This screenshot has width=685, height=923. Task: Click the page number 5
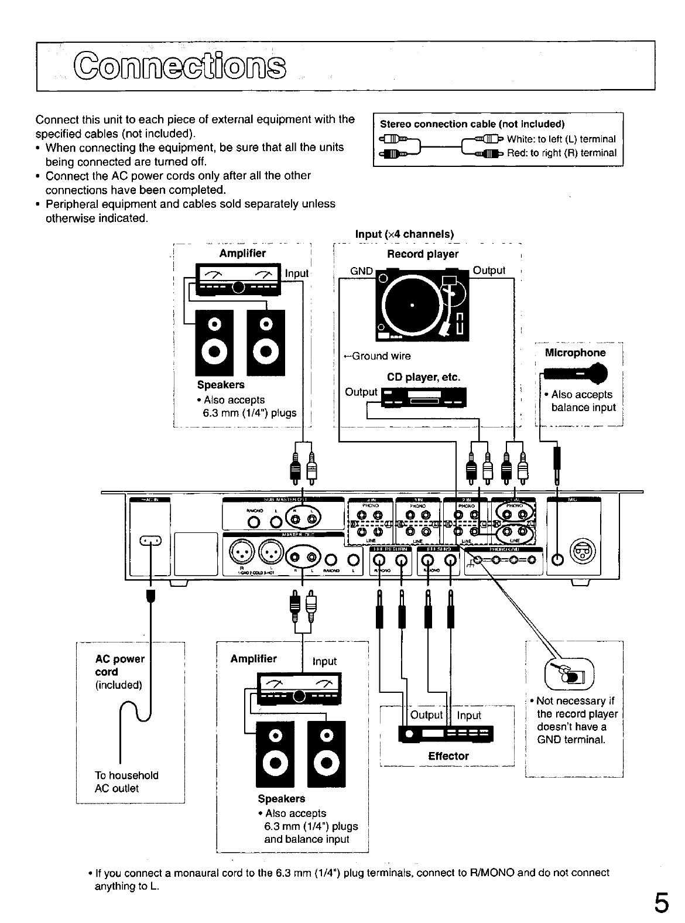tap(661, 903)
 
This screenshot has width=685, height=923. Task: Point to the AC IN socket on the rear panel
tap(150, 540)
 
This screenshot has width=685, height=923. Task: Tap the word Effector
tap(448, 756)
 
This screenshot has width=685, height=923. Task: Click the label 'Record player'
tap(423, 254)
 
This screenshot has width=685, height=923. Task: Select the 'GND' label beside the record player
tap(361, 271)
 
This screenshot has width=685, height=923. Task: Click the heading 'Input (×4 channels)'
tap(405, 234)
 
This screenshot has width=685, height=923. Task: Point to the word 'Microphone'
tap(575, 353)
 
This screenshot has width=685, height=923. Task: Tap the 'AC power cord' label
tap(119, 665)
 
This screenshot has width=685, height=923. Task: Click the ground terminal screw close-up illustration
tap(569, 674)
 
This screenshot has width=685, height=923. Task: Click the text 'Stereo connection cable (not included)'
tap(472, 124)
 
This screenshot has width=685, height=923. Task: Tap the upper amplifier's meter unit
tap(239, 279)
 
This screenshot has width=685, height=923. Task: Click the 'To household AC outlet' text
tap(126, 782)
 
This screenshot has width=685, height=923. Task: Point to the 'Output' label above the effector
tap(426, 715)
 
